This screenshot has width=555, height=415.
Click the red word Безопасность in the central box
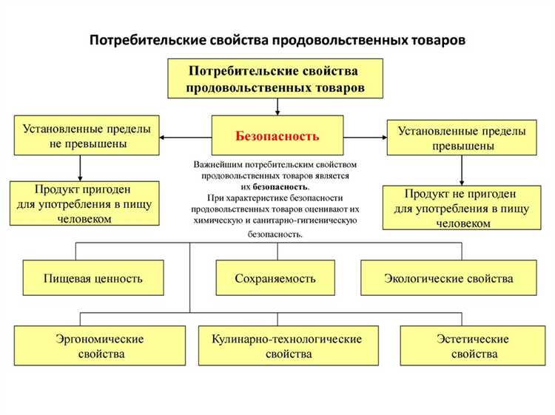point(277,136)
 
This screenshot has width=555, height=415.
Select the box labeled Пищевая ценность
point(93,279)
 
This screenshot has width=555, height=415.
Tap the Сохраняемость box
point(275,279)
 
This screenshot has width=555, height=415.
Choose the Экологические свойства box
point(448,279)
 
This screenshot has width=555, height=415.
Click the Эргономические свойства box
point(100,346)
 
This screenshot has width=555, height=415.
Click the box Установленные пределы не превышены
point(87,135)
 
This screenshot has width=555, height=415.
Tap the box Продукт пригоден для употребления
point(84,203)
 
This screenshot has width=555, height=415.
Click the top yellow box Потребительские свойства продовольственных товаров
point(276,80)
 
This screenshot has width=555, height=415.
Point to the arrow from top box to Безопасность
point(277,107)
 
